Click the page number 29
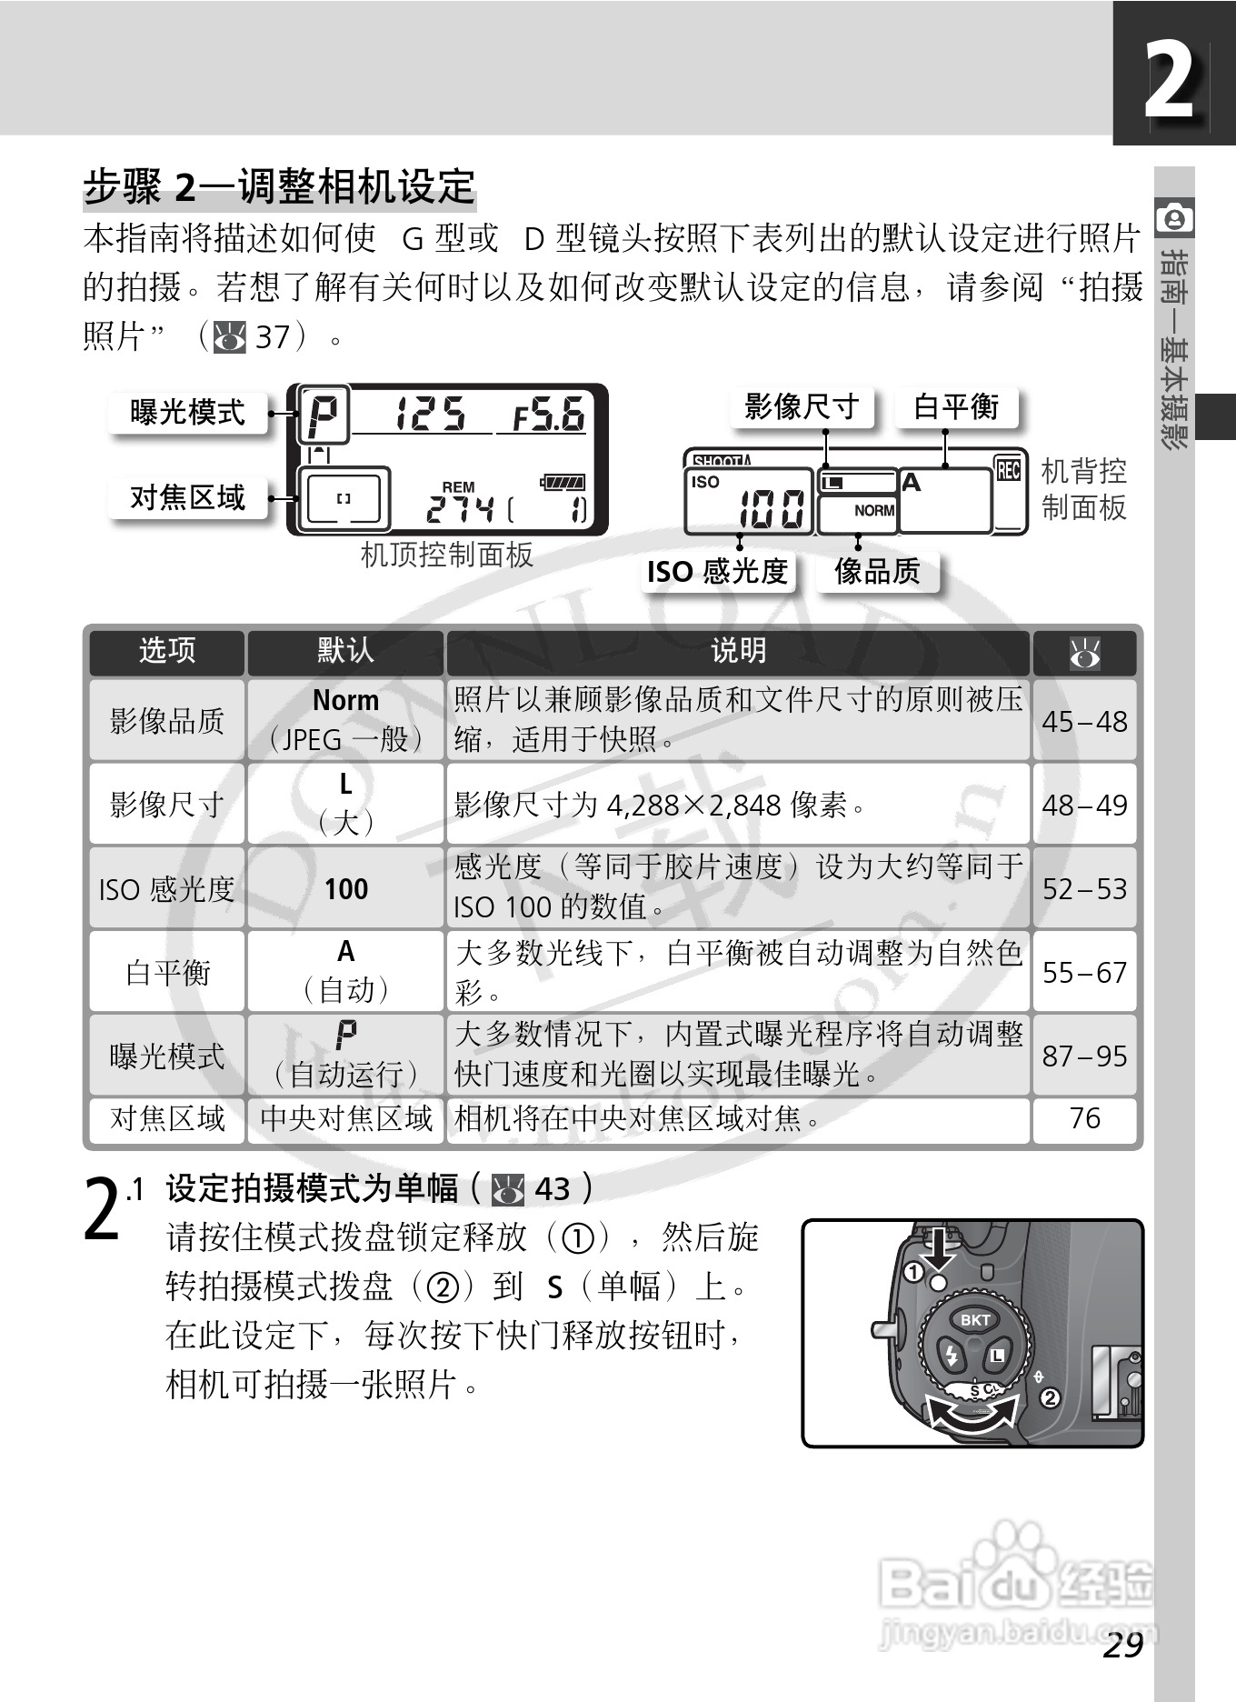[x=1122, y=1645]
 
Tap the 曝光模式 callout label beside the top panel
[x=187, y=413]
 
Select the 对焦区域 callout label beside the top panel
[x=187, y=497]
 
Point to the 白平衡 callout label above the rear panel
[x=955, y=406]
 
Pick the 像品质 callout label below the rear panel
[x=877, y=572]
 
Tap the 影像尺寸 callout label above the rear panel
[x=801, y=406]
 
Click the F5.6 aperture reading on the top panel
[x=548, y=415]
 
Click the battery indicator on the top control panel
[x=563, y=482]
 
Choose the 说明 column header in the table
[x=738, y=651]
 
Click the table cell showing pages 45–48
[x=1084, y=722]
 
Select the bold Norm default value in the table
[x=345, y=700]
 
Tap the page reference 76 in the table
[x=1084, y=1118]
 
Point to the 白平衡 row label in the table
[x=167, y=973]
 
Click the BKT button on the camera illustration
[x=975, y=1320]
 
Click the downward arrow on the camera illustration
[x=939, y=1251]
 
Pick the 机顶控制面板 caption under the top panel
[x=446, y=555]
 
